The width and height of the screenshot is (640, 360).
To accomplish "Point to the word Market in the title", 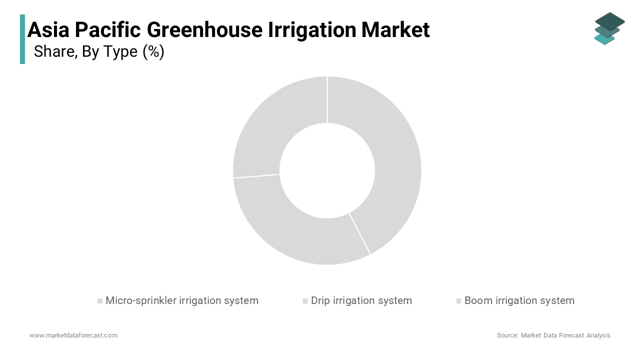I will pos(395,30).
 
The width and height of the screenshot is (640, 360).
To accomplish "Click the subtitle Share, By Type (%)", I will pos(99,51).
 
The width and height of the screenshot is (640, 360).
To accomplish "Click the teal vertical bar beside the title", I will pos(22,39).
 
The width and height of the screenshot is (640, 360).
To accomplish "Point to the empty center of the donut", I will pos(327,170).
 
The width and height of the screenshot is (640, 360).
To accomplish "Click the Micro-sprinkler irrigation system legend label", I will pos(182,300).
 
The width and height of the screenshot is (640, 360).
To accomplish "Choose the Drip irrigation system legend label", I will pos(361,300).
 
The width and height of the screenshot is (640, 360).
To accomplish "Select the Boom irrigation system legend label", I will pos(519,300).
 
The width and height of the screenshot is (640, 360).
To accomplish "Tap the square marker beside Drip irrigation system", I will pos(305,301).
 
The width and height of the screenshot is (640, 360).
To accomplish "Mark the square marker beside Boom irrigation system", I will pos(458,301).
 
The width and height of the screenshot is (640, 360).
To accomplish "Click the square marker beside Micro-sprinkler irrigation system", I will pos(100,301).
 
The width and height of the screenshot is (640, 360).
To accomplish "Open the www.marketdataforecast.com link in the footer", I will pos(73,335).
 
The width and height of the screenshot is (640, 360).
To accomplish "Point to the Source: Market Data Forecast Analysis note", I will pos(553,335).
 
